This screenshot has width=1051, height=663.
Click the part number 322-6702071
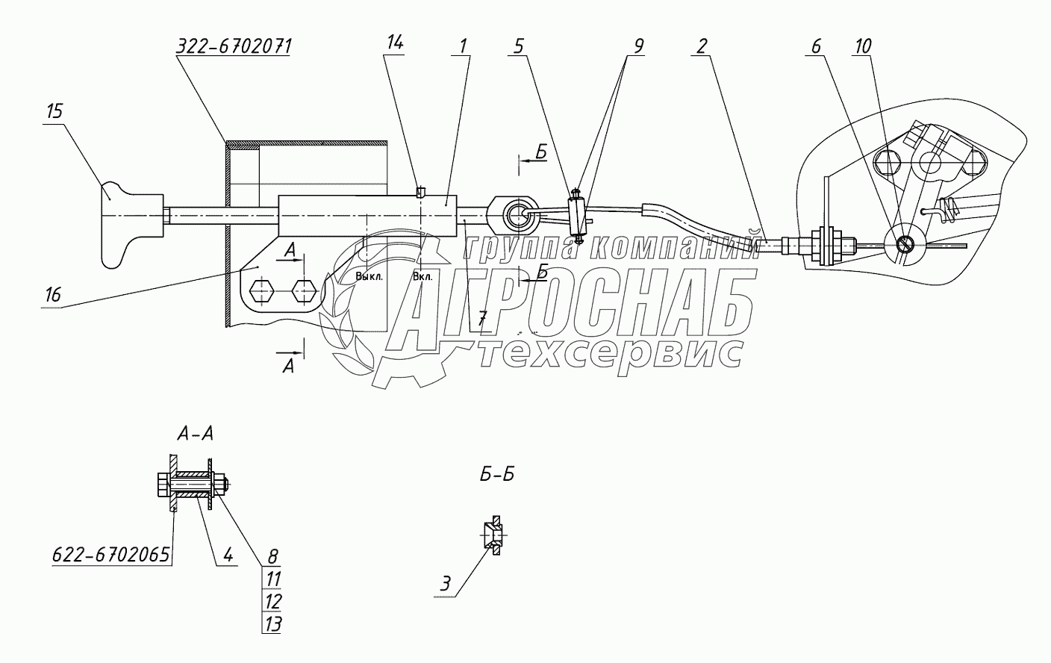pos(234,45)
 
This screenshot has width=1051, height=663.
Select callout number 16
pos(52,294)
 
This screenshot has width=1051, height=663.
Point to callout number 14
pos(395,43)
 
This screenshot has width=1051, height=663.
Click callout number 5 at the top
pos(520,46)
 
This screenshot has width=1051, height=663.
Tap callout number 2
pos(699,46)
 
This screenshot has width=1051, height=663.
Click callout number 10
pos(862,46)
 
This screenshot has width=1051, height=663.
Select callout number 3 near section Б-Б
pos(445,584)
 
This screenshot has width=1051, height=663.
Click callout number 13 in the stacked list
pos(272,623)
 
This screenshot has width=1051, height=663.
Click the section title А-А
pos(195,433)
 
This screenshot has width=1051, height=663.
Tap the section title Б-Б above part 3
pos(496,474)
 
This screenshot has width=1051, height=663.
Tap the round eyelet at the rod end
pos(515,216)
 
